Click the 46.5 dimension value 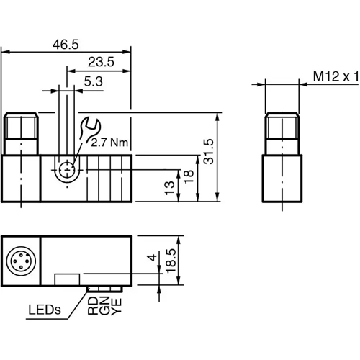point(66,44)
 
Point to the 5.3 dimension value point(93,81)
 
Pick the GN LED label point(105,308)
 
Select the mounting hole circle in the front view point(67,171)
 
